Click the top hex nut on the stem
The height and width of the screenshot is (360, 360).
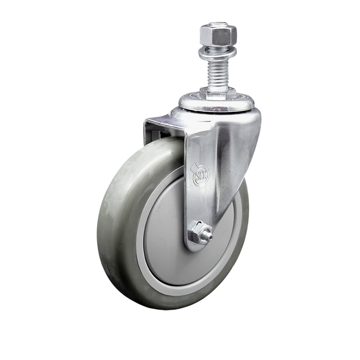coord(218,35)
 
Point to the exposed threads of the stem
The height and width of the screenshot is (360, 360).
coord(218,74)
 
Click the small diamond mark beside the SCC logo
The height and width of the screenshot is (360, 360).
coord(193,167)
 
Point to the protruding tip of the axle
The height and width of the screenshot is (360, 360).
coord(208,237)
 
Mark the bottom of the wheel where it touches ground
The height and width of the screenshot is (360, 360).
coord(169,308)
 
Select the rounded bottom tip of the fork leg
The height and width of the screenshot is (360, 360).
coord(196,248)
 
